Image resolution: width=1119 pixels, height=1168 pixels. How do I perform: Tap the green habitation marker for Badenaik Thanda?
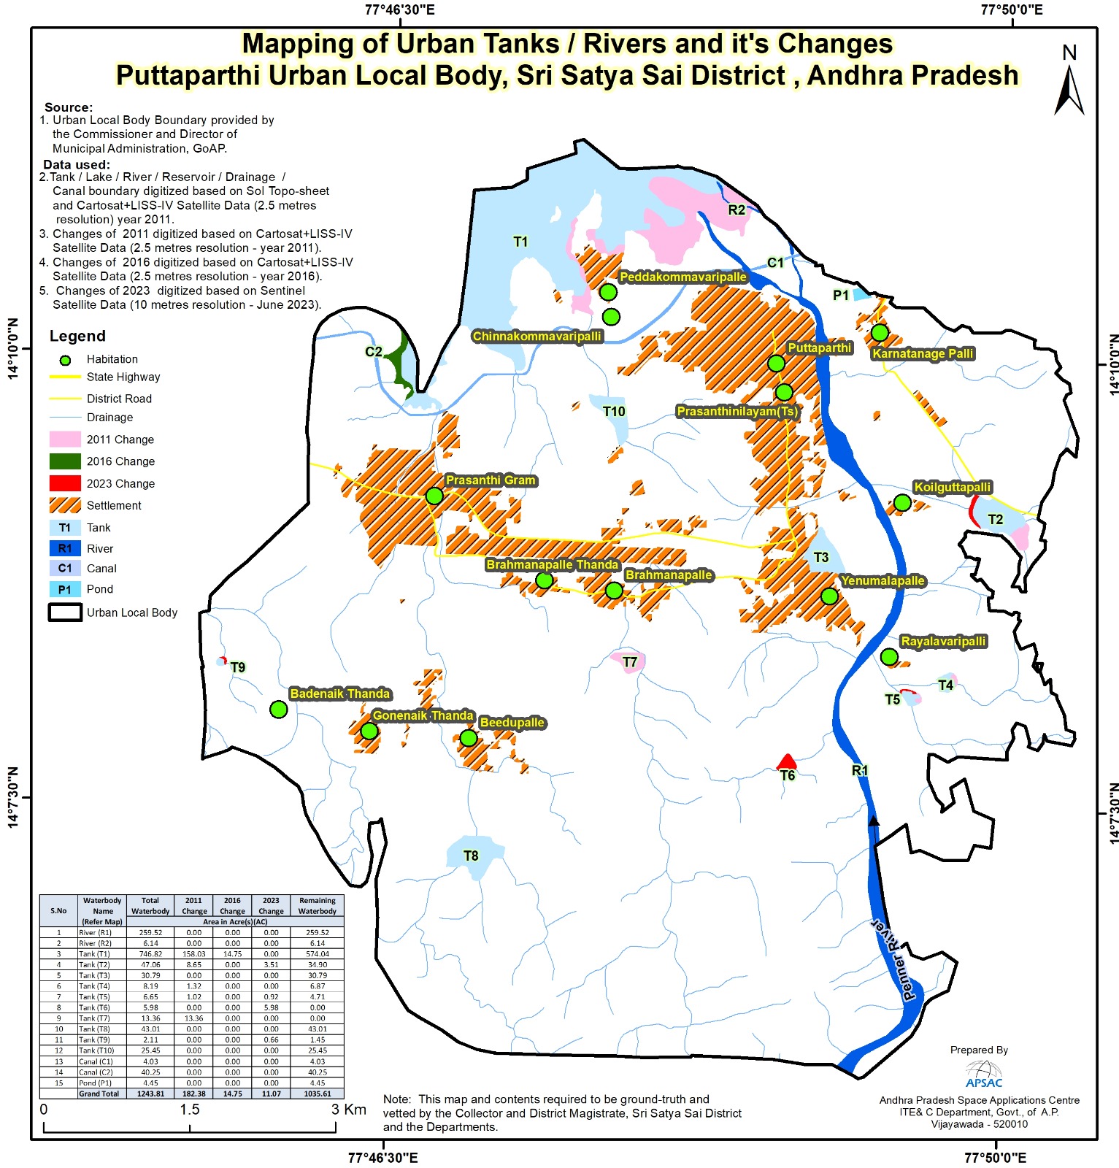[278, 709]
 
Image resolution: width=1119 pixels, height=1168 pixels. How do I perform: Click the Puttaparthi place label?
[819, 347]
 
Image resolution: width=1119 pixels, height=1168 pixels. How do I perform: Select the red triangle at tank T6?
[786, 762]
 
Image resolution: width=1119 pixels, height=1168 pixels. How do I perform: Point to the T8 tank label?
[471, 856]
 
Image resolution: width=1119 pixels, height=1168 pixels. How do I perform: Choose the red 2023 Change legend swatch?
[65, 483]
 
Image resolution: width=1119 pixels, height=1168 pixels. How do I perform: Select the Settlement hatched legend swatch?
[65, 505]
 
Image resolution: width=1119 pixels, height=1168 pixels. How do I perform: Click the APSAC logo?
[983, 1074]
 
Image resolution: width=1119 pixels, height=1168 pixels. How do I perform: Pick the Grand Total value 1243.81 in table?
[150, 1094]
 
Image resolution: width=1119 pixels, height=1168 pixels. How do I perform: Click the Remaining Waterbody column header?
[317, 905]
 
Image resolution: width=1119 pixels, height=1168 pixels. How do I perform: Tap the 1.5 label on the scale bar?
[190, 1110]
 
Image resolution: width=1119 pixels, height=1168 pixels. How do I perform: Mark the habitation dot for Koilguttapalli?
[902, 502]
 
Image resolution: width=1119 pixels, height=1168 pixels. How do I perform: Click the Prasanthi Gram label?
[491, 480]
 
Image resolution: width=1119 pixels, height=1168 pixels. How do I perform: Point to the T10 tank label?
[614, 411]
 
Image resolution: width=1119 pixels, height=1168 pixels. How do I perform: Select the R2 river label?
[737, 210]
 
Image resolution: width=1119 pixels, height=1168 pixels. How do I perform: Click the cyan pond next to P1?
[861, 294]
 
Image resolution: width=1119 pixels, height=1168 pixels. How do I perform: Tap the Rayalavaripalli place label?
[943, 641]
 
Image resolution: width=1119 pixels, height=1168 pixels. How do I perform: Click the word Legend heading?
[77, 336]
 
